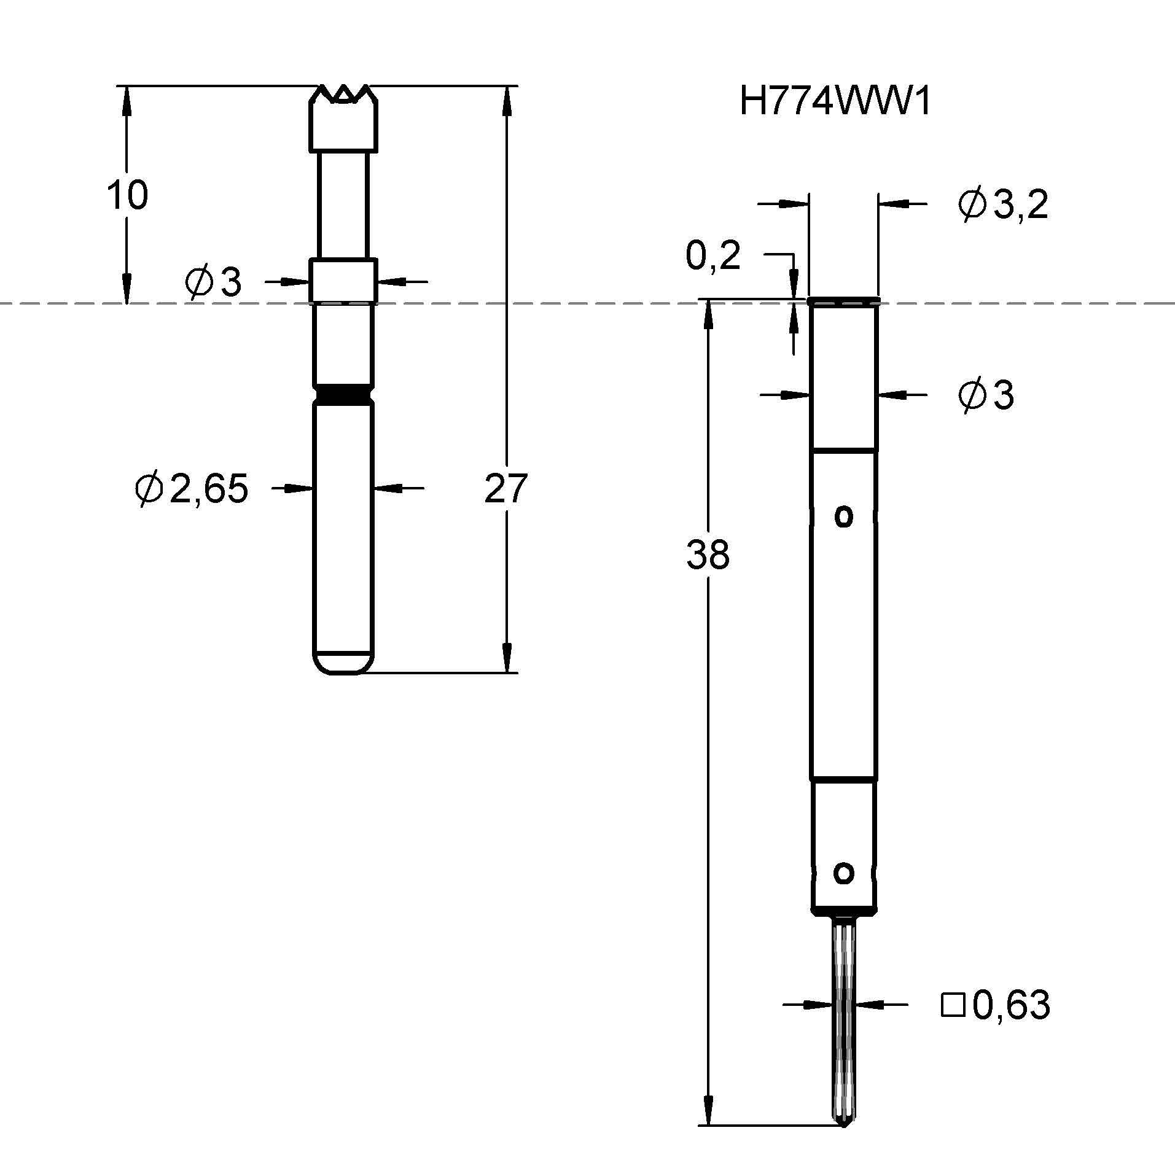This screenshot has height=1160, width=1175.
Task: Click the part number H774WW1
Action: click(x=835, y=101)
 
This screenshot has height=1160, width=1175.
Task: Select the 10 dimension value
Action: click(x=127, y=195)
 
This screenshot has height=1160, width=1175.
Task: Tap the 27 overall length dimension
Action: click(x=506, y=488)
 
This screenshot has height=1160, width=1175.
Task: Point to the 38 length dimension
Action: click(x=708, y=554)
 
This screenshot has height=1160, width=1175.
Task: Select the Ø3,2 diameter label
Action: click(x=1002, y=204)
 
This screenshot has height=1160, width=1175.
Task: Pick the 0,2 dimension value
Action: click(x=712, y=255)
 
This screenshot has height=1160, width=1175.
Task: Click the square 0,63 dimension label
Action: click(x=996, y=1005)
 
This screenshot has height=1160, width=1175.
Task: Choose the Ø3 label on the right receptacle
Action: click(x=985, y=395)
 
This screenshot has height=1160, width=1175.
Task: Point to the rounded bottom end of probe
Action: click(x=343, y=663)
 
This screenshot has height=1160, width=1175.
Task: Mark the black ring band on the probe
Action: click(x=343, y=393)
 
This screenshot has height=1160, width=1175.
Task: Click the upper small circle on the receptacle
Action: click(x=844, y=516)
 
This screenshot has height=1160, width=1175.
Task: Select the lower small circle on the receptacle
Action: click(x=844, y=873)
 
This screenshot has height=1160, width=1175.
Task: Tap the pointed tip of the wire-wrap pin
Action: click(x=844, y=1122)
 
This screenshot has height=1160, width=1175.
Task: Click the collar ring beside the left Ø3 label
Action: click(x=343, y=281)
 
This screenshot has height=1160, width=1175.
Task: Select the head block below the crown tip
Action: click(x=343, y=126)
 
